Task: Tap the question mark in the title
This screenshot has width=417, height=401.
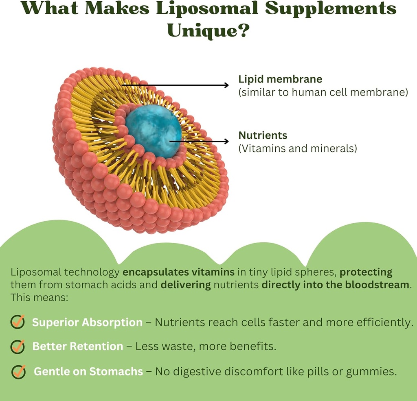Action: click(x=244, y=31)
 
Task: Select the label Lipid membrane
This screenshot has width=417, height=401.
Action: click(x=280, y=79)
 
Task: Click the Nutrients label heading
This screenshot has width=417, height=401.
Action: click(x=263, y=135)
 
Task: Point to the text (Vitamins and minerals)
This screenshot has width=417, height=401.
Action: click(x=297, y=148)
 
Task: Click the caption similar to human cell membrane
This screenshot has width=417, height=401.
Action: click(x=323, y=93)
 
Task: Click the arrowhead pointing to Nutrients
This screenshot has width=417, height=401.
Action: click(x=225, y=141)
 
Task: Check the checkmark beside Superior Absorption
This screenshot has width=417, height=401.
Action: click(x=18, y=322)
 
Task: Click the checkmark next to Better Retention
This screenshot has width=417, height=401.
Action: click(x=18, y=346)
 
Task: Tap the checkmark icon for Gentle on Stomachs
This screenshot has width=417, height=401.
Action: click(x=19, y=371)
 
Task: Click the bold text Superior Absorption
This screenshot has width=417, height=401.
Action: click(x=87, y=323)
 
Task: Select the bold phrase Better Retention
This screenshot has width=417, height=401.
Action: click(x=77, y=347)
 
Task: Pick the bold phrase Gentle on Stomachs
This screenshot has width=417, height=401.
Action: click(x=88, y=371)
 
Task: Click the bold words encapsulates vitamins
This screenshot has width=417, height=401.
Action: click(x=178, y=272)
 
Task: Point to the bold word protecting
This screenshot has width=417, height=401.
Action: click(x=366, y=272)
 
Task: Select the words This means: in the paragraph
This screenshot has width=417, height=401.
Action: click(x=39, y=297)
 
